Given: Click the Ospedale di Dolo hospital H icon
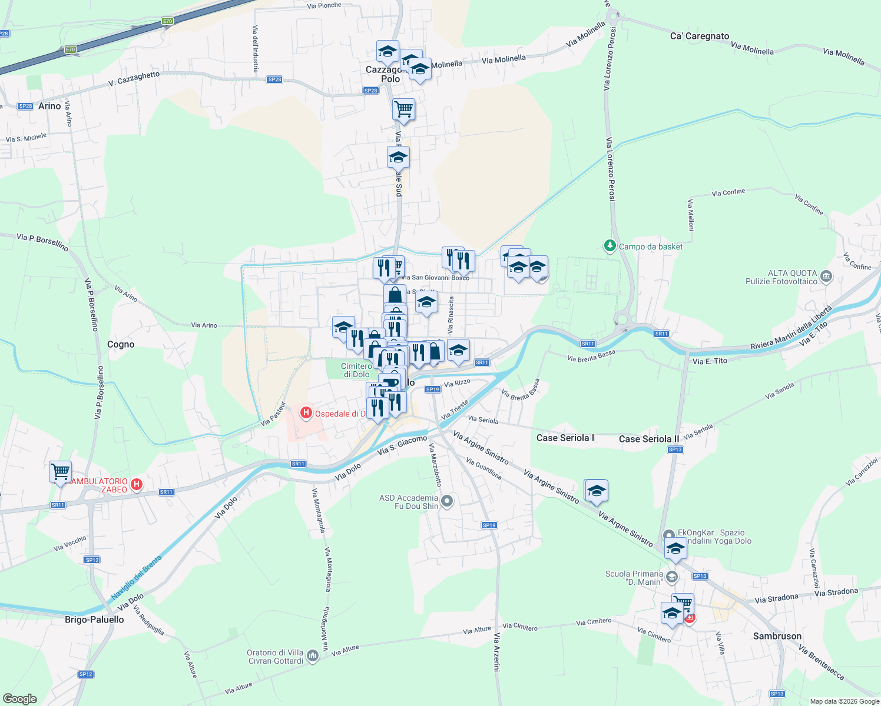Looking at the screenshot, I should (x=306, y=413).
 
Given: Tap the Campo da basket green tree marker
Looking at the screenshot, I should (x=610, y=246).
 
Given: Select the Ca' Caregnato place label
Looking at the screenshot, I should (x=700, y=36).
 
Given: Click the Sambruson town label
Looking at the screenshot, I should (x=777, y=636).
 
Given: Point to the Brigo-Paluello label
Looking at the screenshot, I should (x=94, y=619).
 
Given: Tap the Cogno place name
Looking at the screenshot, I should (x=121, y=344).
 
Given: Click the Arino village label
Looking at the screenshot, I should (x=49, y=106).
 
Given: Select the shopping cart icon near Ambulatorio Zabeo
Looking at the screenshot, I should (x=60, y=471).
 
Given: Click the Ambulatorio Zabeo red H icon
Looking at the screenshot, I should (x=137, y=485).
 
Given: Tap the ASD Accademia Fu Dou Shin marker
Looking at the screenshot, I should (x=448, y=501).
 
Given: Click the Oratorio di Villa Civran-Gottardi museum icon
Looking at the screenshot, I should (x=313, y=655).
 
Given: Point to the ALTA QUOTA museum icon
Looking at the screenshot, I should (x=826, y=276).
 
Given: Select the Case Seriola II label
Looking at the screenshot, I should (x=648, y=439).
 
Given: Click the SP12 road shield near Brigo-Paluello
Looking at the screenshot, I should (x=85, y=674).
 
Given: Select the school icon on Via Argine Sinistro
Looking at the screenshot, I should (x=596, y=491).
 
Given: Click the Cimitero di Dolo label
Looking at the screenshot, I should (x=356, y=370).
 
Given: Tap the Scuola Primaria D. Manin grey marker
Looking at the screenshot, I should (x=672, y=577).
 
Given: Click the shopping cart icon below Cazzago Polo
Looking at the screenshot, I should (x=403, y=109).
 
